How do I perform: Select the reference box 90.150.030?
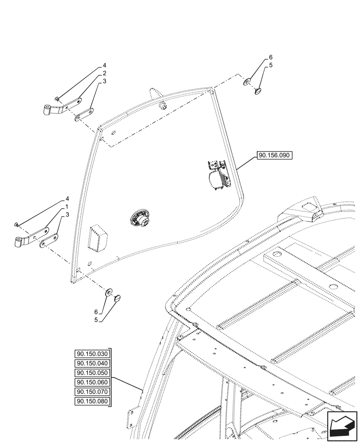[92, 354]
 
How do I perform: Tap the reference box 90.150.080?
[92, 402]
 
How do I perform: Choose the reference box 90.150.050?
[92, 373]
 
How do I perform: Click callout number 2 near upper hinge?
[104, 73]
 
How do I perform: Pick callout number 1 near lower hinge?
[67, 207]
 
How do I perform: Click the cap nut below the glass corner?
[117, 299]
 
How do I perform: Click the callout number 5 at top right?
[271, 65]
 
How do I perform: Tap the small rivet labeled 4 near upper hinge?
[58, 98]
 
